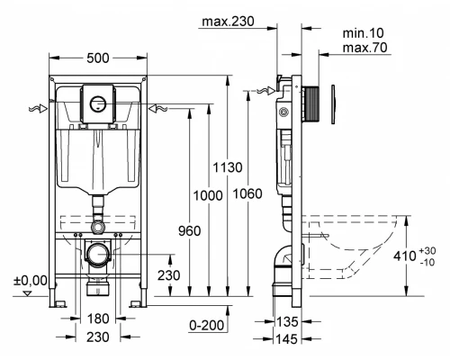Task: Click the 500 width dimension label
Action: (98, 58)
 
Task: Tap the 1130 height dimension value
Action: (228, 167)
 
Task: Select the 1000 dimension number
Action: (208, 195)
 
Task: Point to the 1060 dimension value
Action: (247, 193)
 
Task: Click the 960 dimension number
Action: (190, 231)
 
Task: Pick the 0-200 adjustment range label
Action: (207, 325)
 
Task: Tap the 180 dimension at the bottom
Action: (98, 319)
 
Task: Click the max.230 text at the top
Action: (228, 22)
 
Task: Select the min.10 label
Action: (363, 33)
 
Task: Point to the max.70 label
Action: (364, 48)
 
